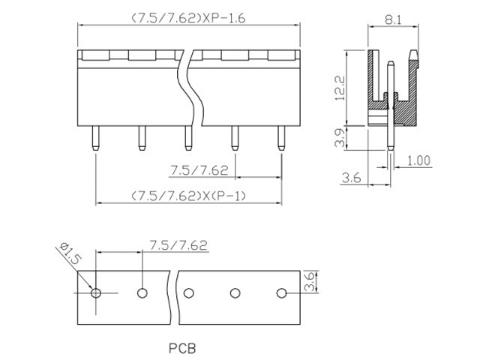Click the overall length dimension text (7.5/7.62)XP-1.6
pos(187,17)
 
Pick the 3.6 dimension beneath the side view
pos(352,178)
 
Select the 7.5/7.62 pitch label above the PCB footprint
pos(178,245)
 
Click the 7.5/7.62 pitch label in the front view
pos(199,170)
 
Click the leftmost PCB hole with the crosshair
pos(95,292)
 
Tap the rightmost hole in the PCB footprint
pos(281,292)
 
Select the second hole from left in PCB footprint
pos(142,292)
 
